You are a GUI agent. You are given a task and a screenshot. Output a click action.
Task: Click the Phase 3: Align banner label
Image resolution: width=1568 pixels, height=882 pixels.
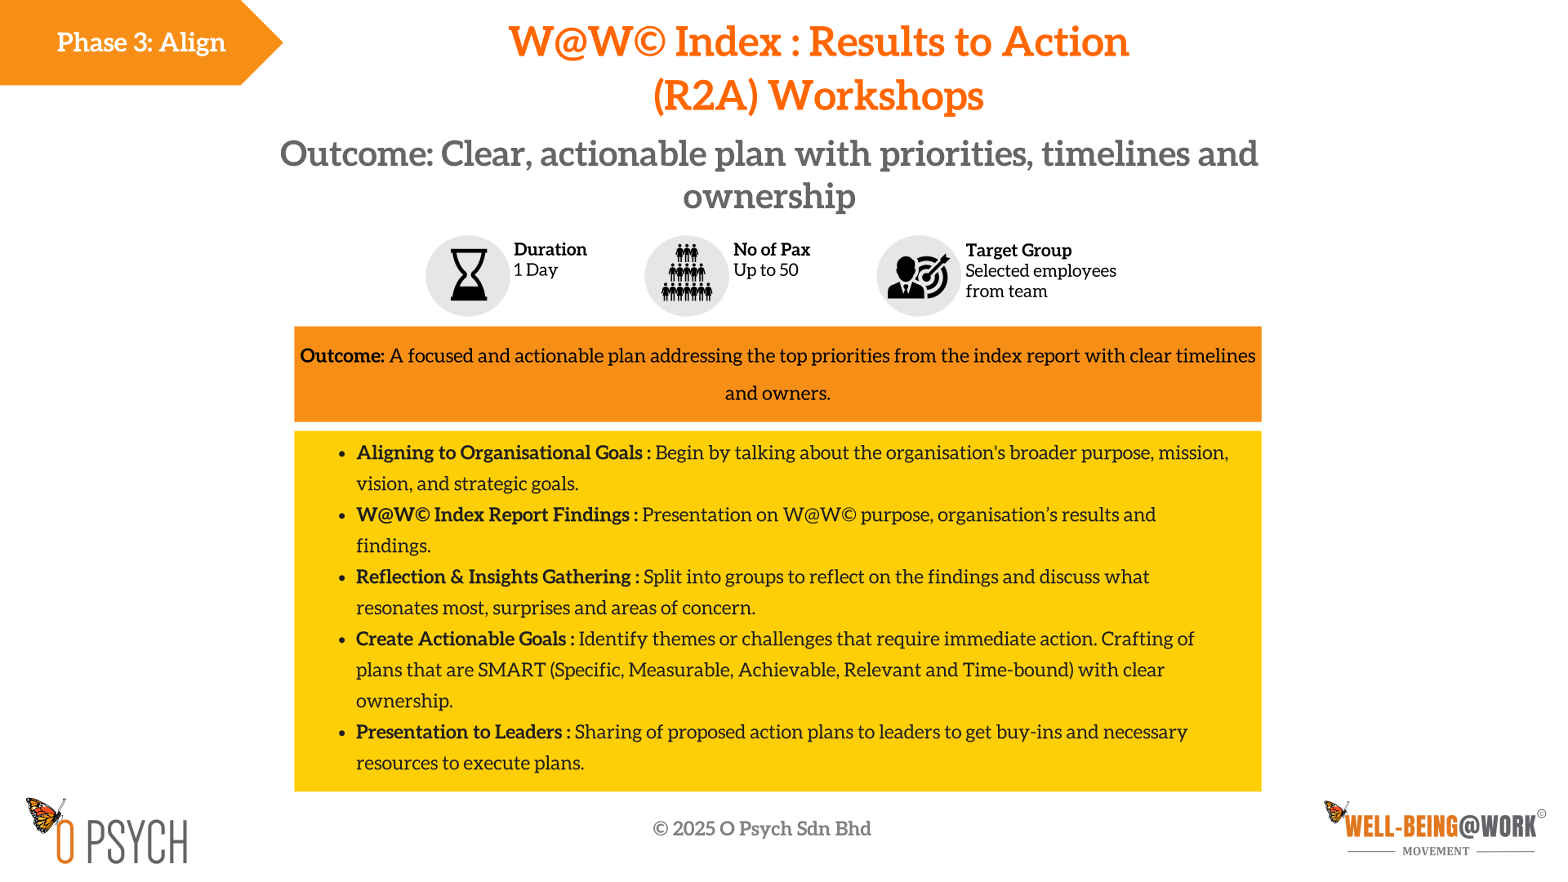141,42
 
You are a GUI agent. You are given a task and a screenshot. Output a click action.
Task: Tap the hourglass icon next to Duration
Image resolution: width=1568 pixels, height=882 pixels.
469,275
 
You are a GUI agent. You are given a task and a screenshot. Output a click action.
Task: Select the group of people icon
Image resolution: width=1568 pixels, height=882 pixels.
687,273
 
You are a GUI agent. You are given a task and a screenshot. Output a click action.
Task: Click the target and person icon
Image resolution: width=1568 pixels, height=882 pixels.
919,276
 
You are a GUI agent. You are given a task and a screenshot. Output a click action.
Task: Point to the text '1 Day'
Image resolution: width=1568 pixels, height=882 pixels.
536,270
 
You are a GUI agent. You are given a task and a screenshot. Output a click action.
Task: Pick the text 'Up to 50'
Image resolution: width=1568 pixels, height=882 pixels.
766,270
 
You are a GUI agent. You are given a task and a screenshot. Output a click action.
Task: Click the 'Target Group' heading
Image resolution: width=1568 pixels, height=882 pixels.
1018,250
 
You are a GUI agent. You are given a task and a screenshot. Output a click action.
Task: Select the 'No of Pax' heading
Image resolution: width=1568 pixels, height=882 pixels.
772,249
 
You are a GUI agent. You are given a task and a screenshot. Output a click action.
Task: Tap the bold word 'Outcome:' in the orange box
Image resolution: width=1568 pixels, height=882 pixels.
342,356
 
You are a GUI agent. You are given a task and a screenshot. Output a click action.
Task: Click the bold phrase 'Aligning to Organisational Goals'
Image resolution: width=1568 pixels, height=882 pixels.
499,453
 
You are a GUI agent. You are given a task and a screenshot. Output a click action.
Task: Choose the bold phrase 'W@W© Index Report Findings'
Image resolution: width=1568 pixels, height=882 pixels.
492,515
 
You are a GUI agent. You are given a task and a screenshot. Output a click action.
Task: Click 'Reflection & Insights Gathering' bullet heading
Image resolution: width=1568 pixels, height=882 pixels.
493,577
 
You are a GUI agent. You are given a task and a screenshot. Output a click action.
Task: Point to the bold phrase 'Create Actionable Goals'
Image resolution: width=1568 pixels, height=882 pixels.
461,639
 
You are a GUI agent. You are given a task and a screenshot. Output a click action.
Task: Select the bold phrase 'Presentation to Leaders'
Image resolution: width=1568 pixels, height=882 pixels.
459,733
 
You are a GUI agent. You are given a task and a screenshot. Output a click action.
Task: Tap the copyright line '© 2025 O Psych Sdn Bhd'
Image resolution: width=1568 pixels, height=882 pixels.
762,829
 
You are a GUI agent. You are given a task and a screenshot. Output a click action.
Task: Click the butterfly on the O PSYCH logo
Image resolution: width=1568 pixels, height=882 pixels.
46,814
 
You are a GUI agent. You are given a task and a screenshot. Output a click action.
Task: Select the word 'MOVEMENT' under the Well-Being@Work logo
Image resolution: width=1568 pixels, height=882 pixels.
1436,851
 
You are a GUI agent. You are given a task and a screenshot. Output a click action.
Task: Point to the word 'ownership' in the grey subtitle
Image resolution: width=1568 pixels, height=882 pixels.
769,197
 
